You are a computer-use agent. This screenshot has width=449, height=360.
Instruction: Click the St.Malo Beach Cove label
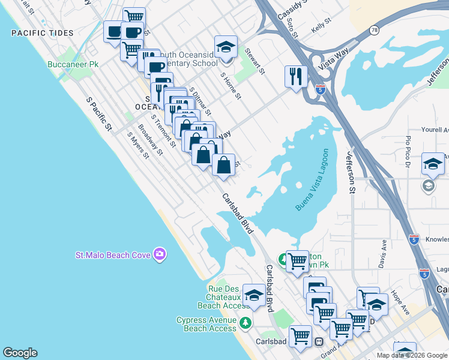tap(112, 255)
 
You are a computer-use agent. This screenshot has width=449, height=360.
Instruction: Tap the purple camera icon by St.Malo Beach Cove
tap(159, 254)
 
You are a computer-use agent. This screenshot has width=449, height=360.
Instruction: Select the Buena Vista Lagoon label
tap(313, 179)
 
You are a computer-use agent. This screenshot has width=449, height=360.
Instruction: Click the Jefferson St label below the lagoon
tap(350, 172)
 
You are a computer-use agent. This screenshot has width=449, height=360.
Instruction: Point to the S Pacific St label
tap(99, 113)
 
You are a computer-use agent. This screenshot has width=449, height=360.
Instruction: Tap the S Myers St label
tap(137, 145)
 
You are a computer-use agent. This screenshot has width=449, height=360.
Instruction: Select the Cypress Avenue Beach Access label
tap(206, 324)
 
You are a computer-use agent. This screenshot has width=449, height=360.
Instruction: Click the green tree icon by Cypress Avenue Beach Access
tap(245, 323)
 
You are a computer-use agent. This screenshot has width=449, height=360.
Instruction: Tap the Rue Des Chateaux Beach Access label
tap(215, 297)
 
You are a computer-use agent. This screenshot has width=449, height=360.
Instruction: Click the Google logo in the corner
tap(20, 353)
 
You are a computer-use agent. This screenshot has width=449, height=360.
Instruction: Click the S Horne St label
tap(231, 86)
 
